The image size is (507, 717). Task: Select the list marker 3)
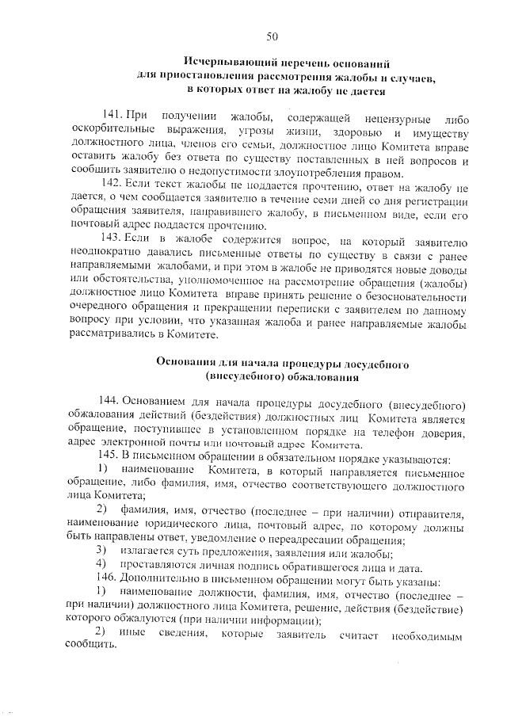tap(101, 551)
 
